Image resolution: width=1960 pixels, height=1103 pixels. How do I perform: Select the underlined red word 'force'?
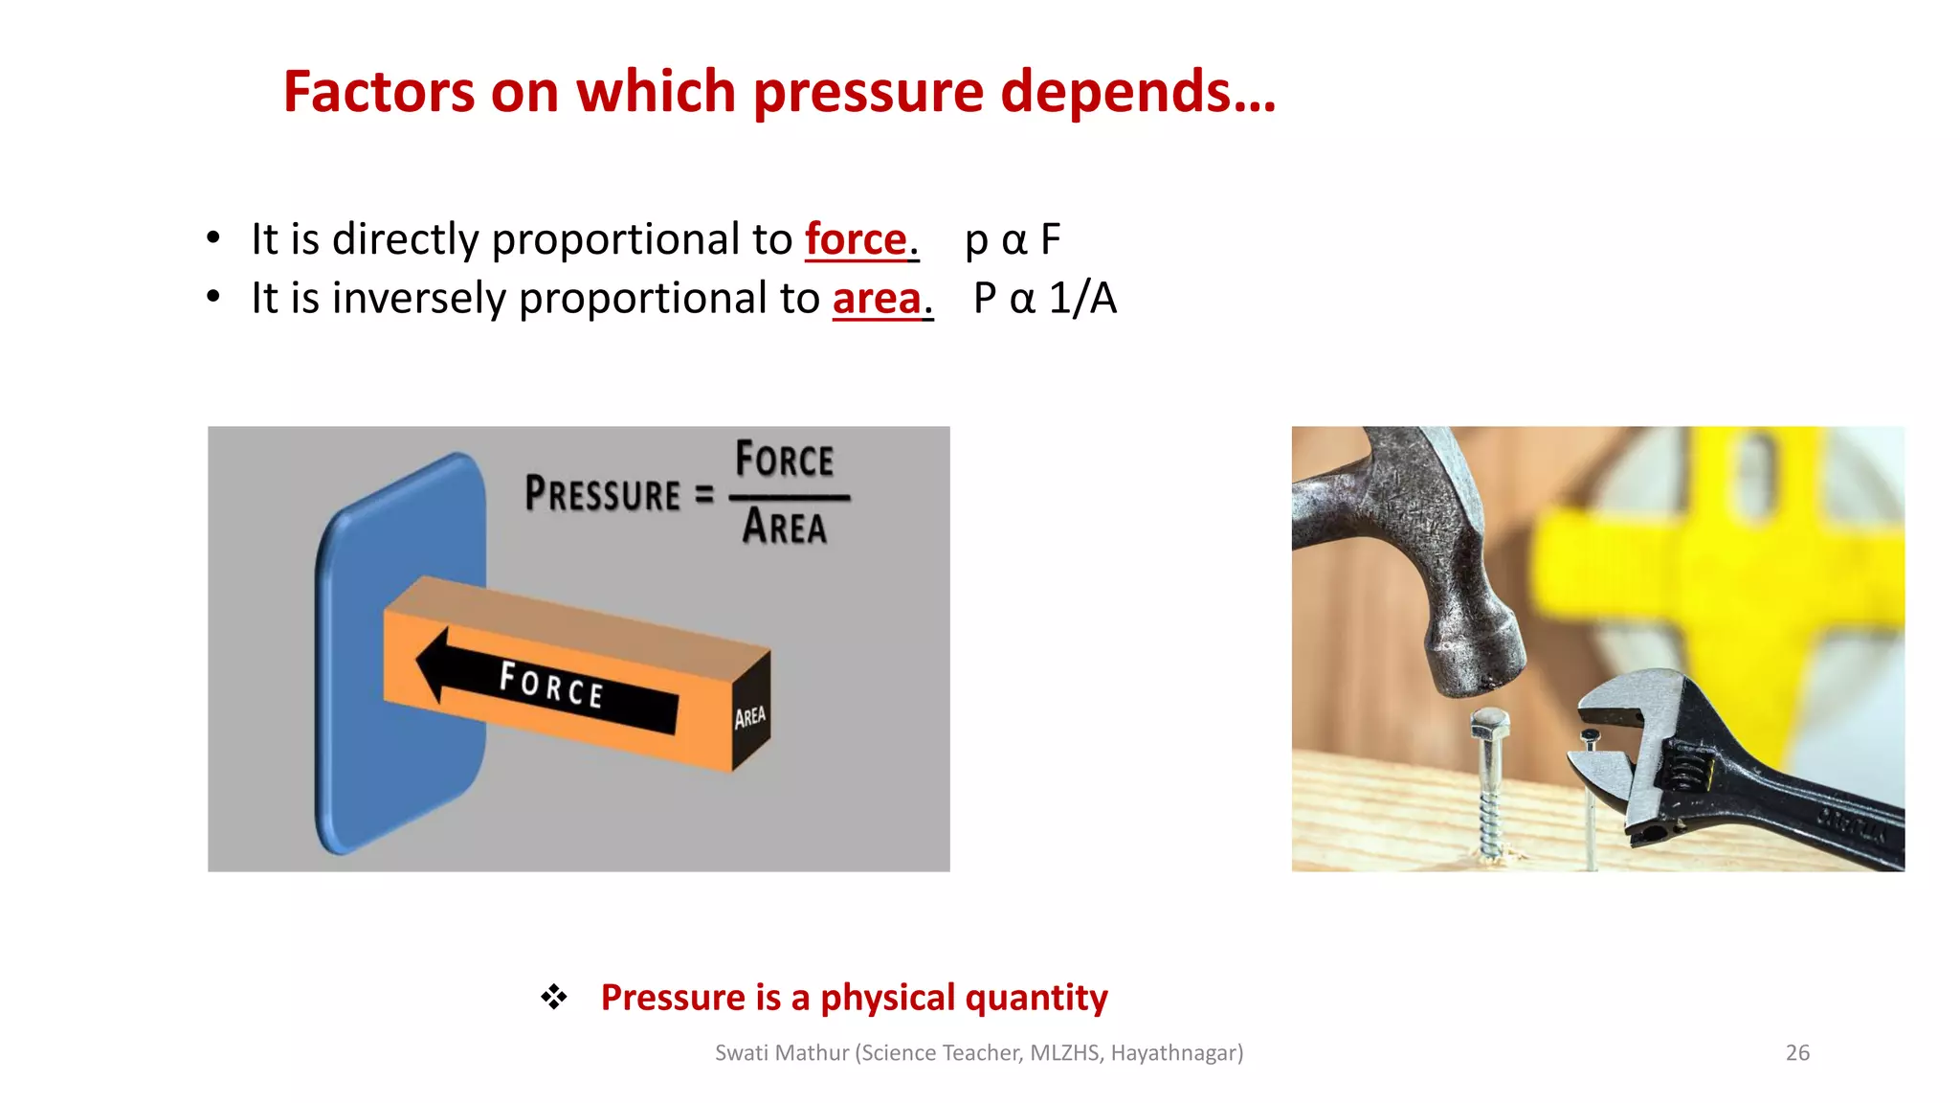point(856,239)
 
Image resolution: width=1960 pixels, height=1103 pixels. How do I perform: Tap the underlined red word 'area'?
point(877,299)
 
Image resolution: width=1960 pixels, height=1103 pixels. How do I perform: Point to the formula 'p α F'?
point(1013,239)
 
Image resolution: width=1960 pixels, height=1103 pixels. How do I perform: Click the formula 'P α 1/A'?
point(1045,299)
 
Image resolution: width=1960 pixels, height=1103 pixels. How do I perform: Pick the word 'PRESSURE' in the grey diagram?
point(603,495)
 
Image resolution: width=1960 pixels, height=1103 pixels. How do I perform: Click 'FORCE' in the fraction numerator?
point(785,461)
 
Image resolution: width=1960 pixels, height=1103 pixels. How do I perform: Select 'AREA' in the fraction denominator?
point(785,528)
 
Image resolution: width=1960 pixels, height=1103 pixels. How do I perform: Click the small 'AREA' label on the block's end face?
point(750,716)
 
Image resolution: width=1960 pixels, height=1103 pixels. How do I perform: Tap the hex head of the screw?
point(1490,724)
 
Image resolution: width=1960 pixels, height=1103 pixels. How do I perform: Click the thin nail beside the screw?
point(1591,795)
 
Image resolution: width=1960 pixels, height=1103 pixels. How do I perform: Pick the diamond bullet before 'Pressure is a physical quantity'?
point(554,998)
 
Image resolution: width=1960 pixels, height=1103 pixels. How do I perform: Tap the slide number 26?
point(1797,1053)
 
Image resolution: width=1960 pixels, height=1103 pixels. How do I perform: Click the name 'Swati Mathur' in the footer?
point(782,1053)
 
